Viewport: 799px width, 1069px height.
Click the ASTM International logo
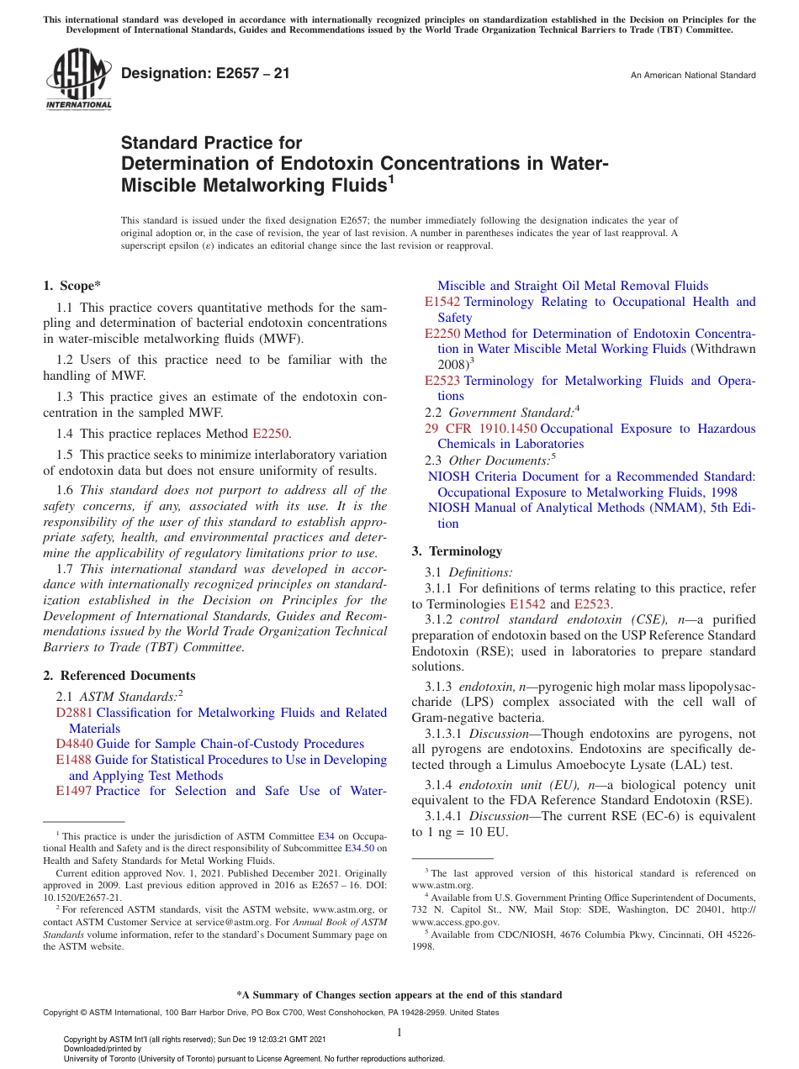tap(77, 80)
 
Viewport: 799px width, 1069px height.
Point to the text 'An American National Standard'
tap(693, 76)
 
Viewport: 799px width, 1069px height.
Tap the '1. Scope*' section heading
tap(71, 286)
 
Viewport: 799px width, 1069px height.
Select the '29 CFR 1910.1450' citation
tap(478, 429)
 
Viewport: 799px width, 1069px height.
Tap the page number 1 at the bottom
tap(399, 1032)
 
